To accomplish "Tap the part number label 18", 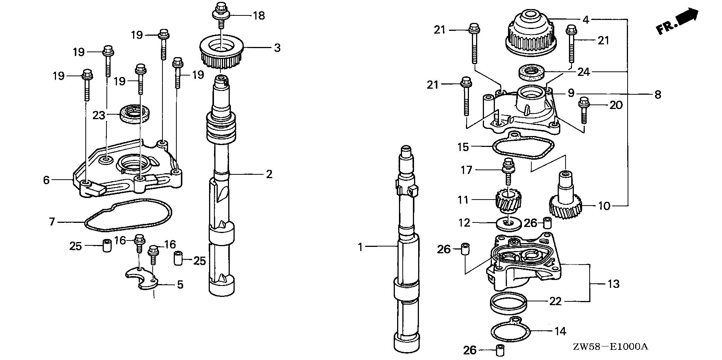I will point(259,16).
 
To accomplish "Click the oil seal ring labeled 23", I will point(135,114).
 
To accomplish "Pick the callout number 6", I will point(46,180).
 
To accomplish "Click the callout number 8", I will point(657,94).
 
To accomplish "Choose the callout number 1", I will point(360,247).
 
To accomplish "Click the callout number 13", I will point(613,284).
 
